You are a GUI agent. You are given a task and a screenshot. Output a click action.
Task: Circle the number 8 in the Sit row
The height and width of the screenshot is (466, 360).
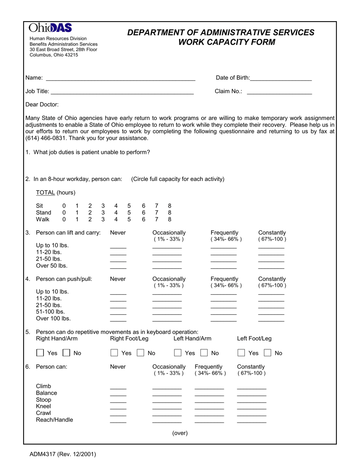pyautogui.click(x=169, y=206)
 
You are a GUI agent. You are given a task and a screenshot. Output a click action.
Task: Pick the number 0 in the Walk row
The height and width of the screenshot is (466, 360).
pyautogui.click(x=64, y=219)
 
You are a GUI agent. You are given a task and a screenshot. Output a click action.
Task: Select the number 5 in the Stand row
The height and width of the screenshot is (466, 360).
pyautogui.click(x=129, y=213)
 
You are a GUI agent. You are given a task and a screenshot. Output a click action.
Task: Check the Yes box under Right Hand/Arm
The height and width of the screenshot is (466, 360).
pyautogui.click(x=40, y=353)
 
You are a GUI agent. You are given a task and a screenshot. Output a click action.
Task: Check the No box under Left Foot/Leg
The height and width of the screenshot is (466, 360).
pyautogui.click(x=268, y=353)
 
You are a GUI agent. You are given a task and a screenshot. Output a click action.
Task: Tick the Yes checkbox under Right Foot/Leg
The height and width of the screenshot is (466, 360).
pyautogui.click(x=114, y=353)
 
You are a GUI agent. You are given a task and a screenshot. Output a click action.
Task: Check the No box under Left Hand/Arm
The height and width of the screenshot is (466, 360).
pyautogui.click(x=204, y=353)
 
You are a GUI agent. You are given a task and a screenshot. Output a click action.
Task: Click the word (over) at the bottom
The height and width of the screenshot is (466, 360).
pyautogui.click(x=180, y=433)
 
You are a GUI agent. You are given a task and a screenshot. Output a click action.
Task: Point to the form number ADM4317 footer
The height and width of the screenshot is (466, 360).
pyautogui.click(x=63, y=454)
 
